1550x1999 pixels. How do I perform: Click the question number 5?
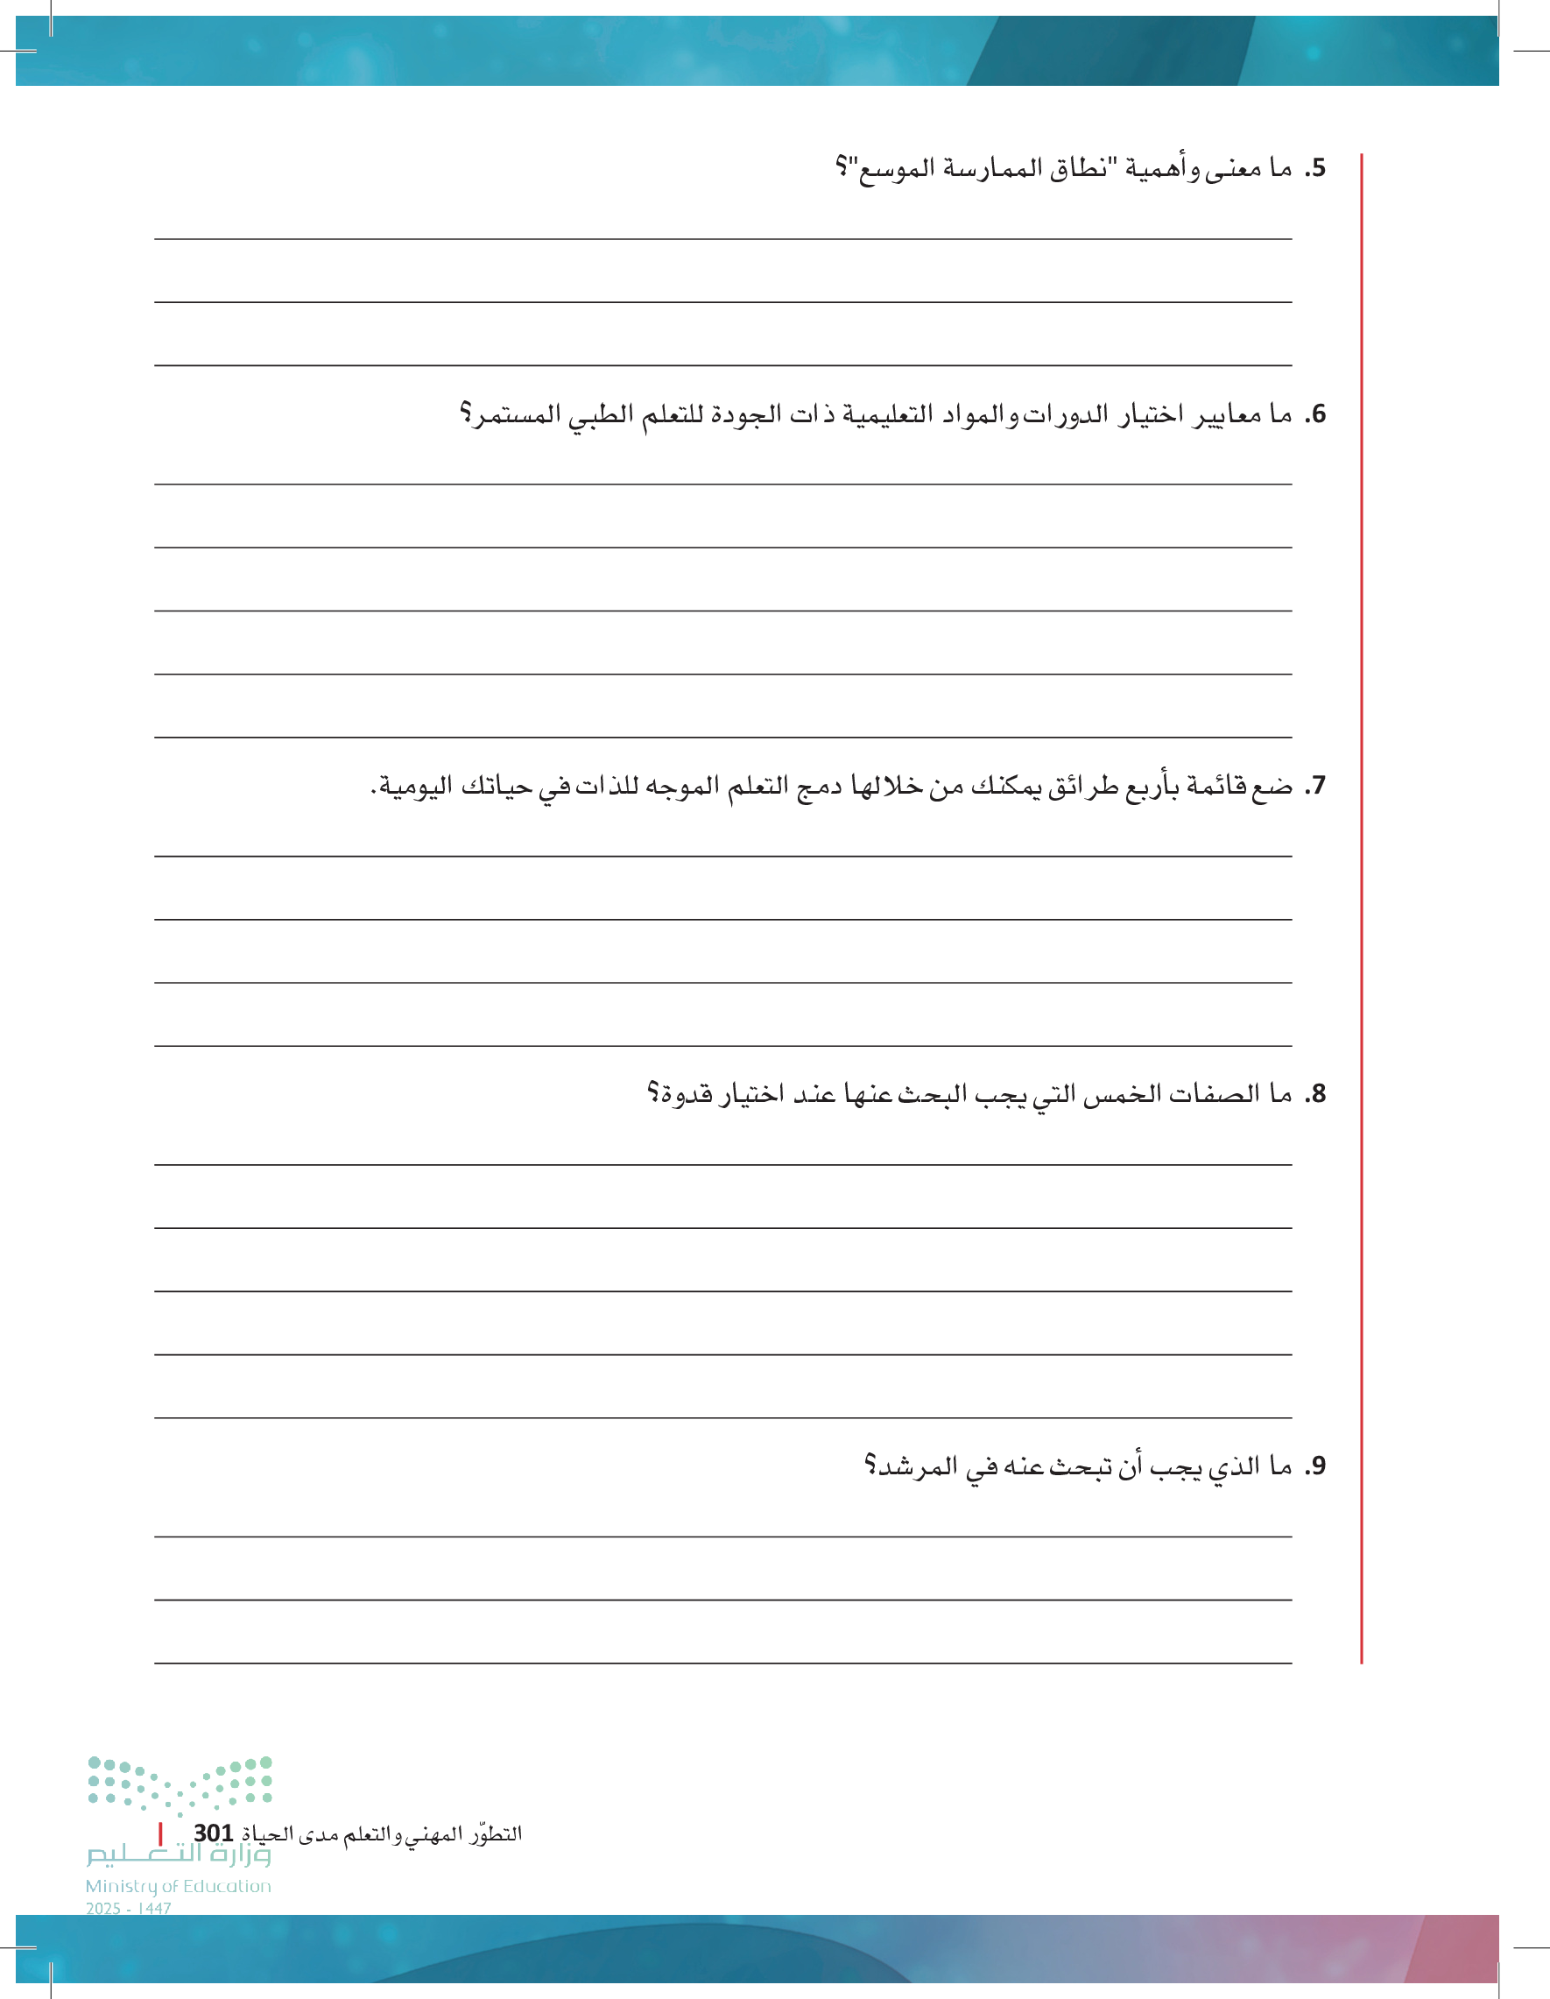[x=1314, y=168]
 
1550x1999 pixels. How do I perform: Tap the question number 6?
[x=1314, y=414]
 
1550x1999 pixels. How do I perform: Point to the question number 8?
[x=1314, y=1094]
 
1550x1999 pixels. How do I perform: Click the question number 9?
[x=1314, y=1466]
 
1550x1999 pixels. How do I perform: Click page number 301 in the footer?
[x=213, y=1833]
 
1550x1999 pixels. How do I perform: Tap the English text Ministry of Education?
[x=179, y=1886]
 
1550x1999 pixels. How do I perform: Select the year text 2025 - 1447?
[x=128, y=1909]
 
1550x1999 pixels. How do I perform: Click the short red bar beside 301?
[x=160, y=1833]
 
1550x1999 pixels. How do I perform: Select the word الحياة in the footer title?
[x=266, y=1834]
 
